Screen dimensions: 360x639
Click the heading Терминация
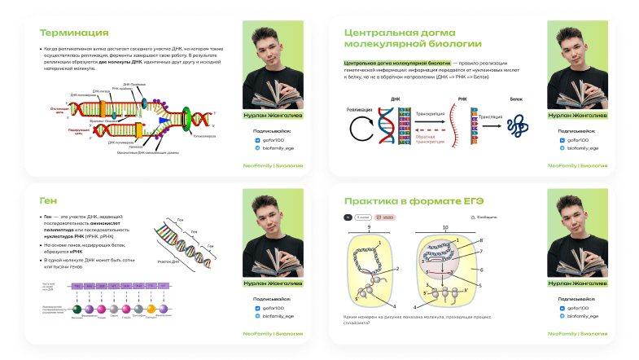tap(74, 33)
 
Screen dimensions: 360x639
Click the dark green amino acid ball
tap(76, 310)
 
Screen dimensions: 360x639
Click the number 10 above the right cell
tap(444, 226)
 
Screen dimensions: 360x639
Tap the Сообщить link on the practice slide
tap(485, 217)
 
